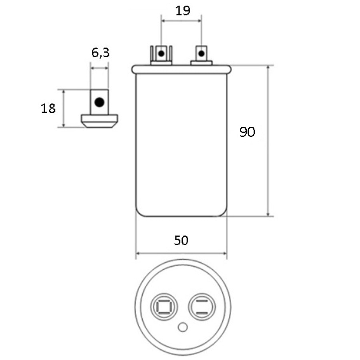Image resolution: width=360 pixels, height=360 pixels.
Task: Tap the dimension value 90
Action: point(247,132)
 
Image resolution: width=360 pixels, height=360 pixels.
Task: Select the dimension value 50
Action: point(181,240)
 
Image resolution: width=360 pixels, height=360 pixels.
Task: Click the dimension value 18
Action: point(48,108)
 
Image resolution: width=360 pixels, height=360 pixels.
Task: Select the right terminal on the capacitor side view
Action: point(201,54)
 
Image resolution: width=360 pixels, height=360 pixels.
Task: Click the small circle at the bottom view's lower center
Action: point(182,328)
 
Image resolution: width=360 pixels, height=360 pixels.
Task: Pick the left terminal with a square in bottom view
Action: point(164,307)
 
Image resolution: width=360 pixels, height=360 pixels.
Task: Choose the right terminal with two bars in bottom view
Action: point(201,307)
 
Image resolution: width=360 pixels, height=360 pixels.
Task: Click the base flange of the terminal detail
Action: point(100,120)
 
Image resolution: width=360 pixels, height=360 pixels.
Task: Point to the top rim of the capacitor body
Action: point(182,69)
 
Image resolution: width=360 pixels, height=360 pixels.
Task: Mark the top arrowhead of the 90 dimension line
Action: point(268,67)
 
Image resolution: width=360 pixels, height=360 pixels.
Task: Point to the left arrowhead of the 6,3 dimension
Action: point(92,68)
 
